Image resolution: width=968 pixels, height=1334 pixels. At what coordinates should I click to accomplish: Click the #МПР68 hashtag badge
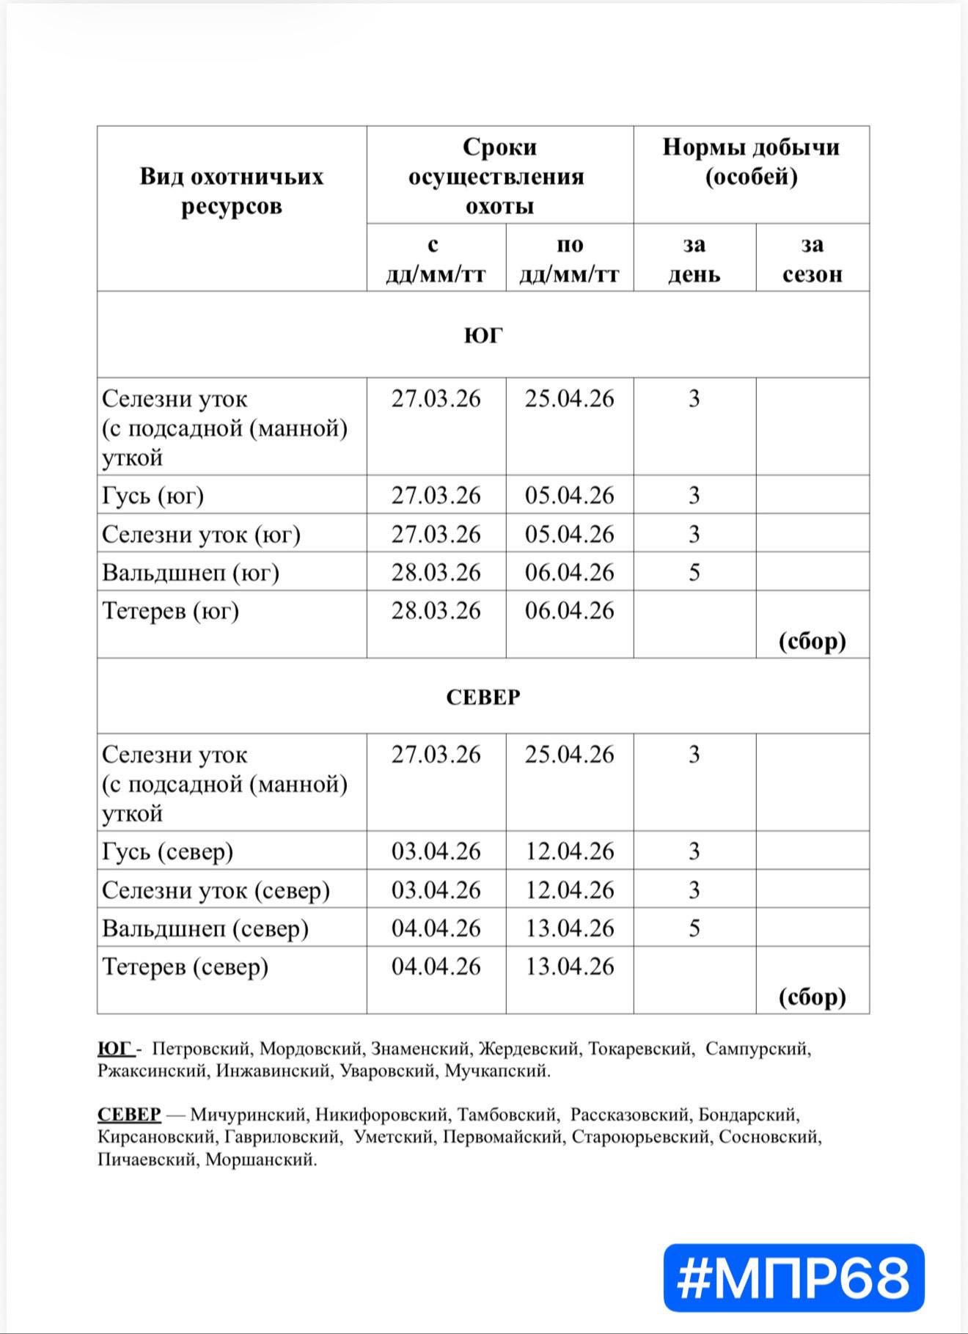(x=793, y=1278)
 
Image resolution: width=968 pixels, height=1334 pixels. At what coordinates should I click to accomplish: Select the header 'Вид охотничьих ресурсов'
(x=231, y=191)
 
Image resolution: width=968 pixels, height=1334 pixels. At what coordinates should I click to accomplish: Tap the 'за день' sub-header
(x=694, y=259)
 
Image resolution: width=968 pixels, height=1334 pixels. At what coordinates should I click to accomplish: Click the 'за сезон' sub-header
(x=812, y=259)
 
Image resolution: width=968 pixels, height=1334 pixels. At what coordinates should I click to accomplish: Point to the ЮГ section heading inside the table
(x=483, y=335)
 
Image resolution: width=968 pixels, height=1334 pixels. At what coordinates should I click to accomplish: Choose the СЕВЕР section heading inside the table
(x=483, y=697)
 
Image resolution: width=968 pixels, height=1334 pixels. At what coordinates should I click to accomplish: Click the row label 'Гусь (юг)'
(x=153, y=496)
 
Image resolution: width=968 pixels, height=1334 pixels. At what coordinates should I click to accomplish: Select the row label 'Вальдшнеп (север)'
(x=205, y=928)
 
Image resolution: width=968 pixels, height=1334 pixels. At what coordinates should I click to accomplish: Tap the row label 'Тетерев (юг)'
(x=171, y=611)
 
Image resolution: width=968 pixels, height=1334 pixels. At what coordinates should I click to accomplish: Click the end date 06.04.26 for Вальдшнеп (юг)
(x=569, y=573)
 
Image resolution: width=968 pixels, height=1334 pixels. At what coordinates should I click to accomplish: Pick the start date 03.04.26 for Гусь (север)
(x=436, y=851)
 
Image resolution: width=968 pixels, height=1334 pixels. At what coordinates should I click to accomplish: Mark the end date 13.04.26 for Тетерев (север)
(x=569, y=967)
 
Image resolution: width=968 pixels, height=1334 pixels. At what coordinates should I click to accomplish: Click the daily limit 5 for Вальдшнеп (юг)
(x=694, y=573)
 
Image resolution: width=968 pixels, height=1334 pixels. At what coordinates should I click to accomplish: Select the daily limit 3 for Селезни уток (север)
(x=694, y=890)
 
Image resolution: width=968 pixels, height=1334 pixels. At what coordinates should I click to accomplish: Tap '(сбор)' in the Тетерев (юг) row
(x=812, y=641)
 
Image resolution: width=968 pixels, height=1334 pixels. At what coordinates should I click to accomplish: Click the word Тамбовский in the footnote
(x=508, y=1115)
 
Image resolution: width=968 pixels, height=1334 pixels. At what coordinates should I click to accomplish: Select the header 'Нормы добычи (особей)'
(x=751, y=161)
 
